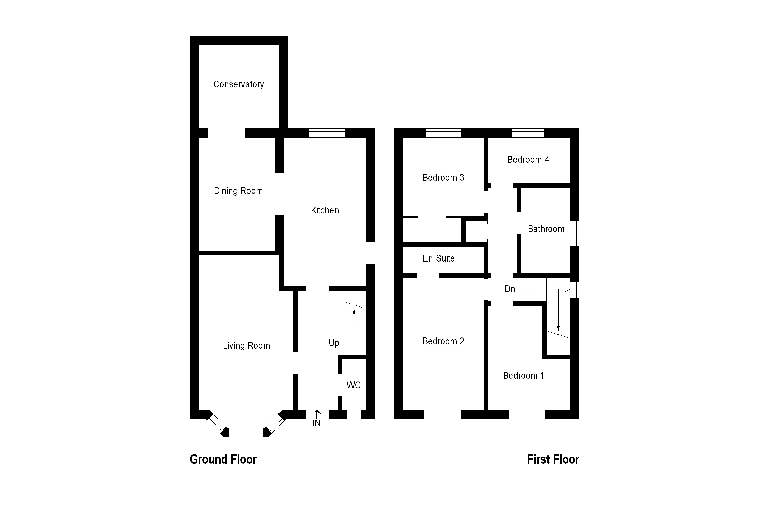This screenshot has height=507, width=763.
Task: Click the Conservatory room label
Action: (x=239, y=84)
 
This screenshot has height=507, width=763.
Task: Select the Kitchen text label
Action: (x=325, y=210)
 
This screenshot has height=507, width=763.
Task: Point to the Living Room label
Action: (x=246, y=346)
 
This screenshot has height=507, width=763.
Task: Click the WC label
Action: (x=353, y=385)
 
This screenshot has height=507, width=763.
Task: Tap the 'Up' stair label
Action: (x=334, y=343)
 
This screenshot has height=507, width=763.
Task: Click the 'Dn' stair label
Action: (x=510, y=289)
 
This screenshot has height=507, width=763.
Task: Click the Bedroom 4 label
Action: (x=528, y=159)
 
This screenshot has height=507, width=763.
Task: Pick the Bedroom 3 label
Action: (x=443, y=178)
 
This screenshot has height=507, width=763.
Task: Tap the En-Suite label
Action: (x=438, y=258)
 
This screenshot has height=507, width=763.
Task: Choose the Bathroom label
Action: (x=546, y=229)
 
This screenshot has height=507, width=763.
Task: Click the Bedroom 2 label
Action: (x=443, y=341)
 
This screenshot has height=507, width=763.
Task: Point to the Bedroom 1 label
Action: (x=523, y=375)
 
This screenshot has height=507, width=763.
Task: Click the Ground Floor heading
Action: (x=223, y=459)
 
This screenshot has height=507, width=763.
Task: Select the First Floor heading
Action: (x=553, y=459)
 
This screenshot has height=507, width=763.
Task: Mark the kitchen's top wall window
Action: (x=327, y=133)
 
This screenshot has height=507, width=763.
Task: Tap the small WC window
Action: (x=354, y=414)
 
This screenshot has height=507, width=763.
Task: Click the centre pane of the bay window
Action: (x=246, y=432)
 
